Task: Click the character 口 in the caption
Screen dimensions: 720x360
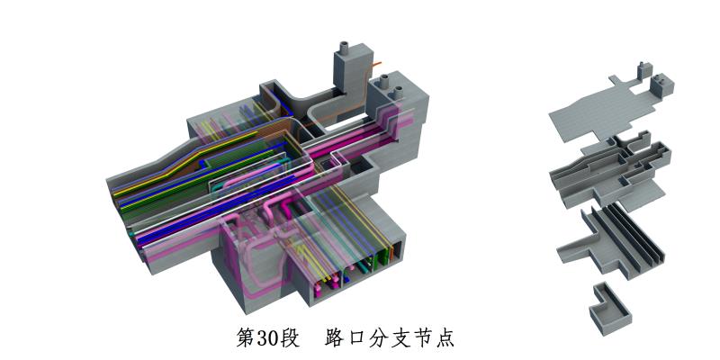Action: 356,338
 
